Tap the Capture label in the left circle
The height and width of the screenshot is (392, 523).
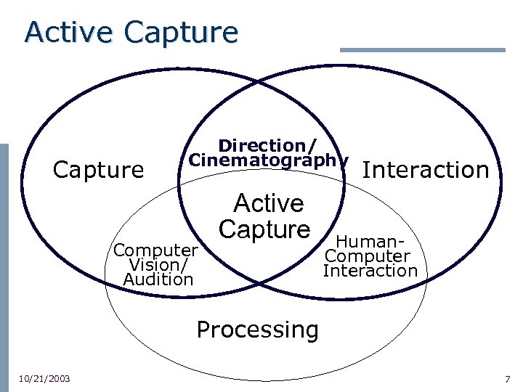(x=99, y=170)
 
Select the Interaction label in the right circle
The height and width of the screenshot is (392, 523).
(x=425, y=170)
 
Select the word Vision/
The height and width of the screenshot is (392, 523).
(x=157, y=265)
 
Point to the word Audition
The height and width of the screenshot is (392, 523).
(x=158, y=279)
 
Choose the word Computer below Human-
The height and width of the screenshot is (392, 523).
(x=368, y=256)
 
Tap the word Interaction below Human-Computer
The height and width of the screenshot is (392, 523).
(x=370, y=271)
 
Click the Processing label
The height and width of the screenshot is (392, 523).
(x=257, y=330)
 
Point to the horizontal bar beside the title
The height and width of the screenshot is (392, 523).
(x=422, y=50)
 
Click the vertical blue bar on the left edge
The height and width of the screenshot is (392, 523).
(x=4, y=261)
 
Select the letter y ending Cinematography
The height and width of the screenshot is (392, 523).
(x=344, y=160)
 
